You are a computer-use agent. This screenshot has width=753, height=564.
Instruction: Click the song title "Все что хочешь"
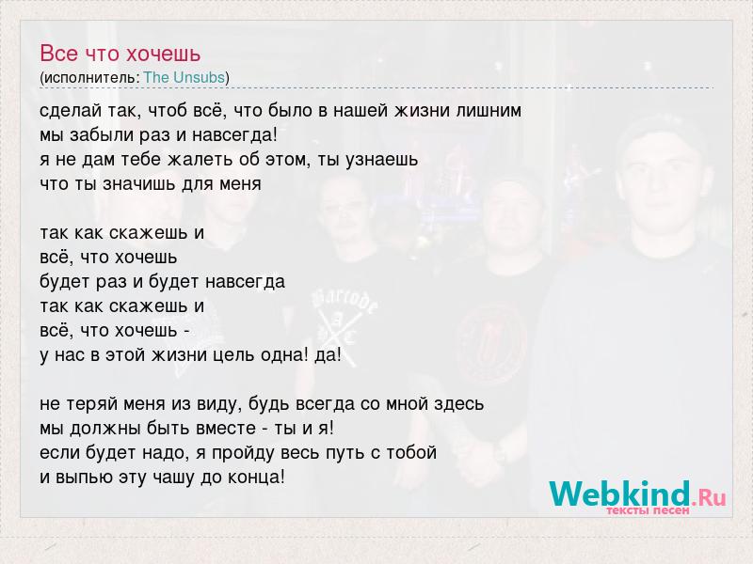120,54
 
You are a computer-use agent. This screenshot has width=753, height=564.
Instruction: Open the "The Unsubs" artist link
184,77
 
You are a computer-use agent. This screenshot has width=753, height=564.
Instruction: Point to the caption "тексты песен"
648,510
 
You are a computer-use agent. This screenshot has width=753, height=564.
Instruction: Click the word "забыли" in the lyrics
103,135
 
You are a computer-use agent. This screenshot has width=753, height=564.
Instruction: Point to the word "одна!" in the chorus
285,355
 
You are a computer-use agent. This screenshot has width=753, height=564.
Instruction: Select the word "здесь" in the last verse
458,404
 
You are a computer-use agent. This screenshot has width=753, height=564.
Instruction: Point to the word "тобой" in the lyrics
411,453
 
